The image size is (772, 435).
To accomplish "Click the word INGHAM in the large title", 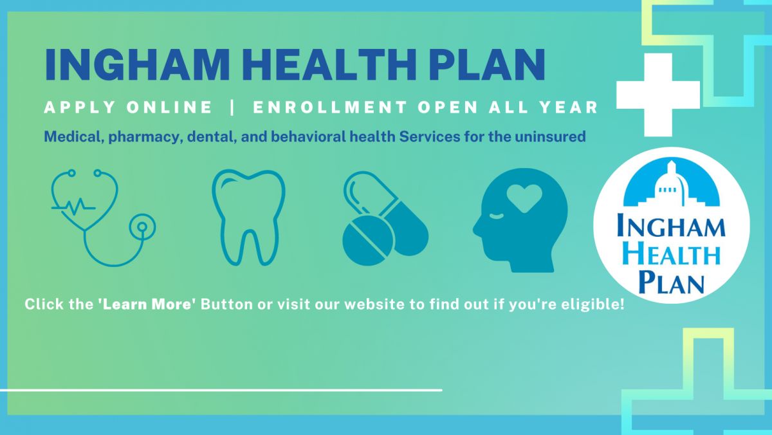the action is coord(137,64).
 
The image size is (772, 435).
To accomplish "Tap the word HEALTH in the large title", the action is coord(329,64).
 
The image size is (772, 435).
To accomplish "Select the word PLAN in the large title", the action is coord(487,64).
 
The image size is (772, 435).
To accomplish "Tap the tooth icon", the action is coord(248,217).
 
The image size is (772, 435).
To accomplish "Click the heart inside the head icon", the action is coord(524,198).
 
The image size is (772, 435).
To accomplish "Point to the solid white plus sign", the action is coord(658,95).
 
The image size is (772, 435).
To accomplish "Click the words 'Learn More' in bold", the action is coord(147,304).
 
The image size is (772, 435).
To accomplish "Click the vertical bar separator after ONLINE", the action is coord(232,107).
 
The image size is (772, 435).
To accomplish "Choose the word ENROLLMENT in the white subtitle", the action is coord(330,107).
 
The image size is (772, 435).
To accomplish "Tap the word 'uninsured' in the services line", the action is coord(551,137).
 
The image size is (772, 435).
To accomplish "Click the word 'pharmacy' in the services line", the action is coord(145,137).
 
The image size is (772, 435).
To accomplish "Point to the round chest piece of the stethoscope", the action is coord(142,227).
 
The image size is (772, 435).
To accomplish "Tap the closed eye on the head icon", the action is coord(497,216).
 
